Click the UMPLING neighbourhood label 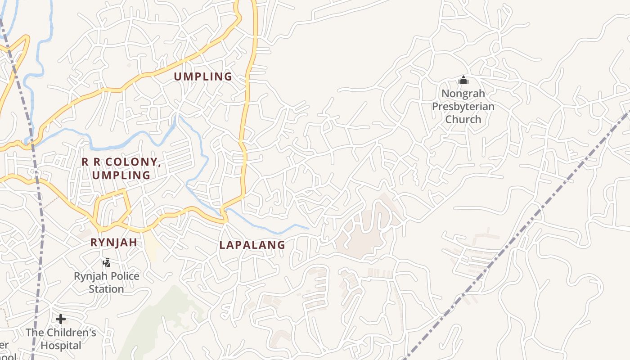point(203,76)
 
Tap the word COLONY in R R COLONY point(132,162)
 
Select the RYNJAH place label point(113,243)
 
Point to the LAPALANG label point(252,245)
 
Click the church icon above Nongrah point(463,81)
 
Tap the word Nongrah point(463,94)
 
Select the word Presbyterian point(463,107)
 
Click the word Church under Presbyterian point(463,119)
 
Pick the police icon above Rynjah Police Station point(107,263)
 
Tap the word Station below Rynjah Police point(106,289)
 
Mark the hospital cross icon point(61,319)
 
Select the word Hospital point(61,346)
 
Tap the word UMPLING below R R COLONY point(121,175)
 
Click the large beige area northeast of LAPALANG point(364,234)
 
